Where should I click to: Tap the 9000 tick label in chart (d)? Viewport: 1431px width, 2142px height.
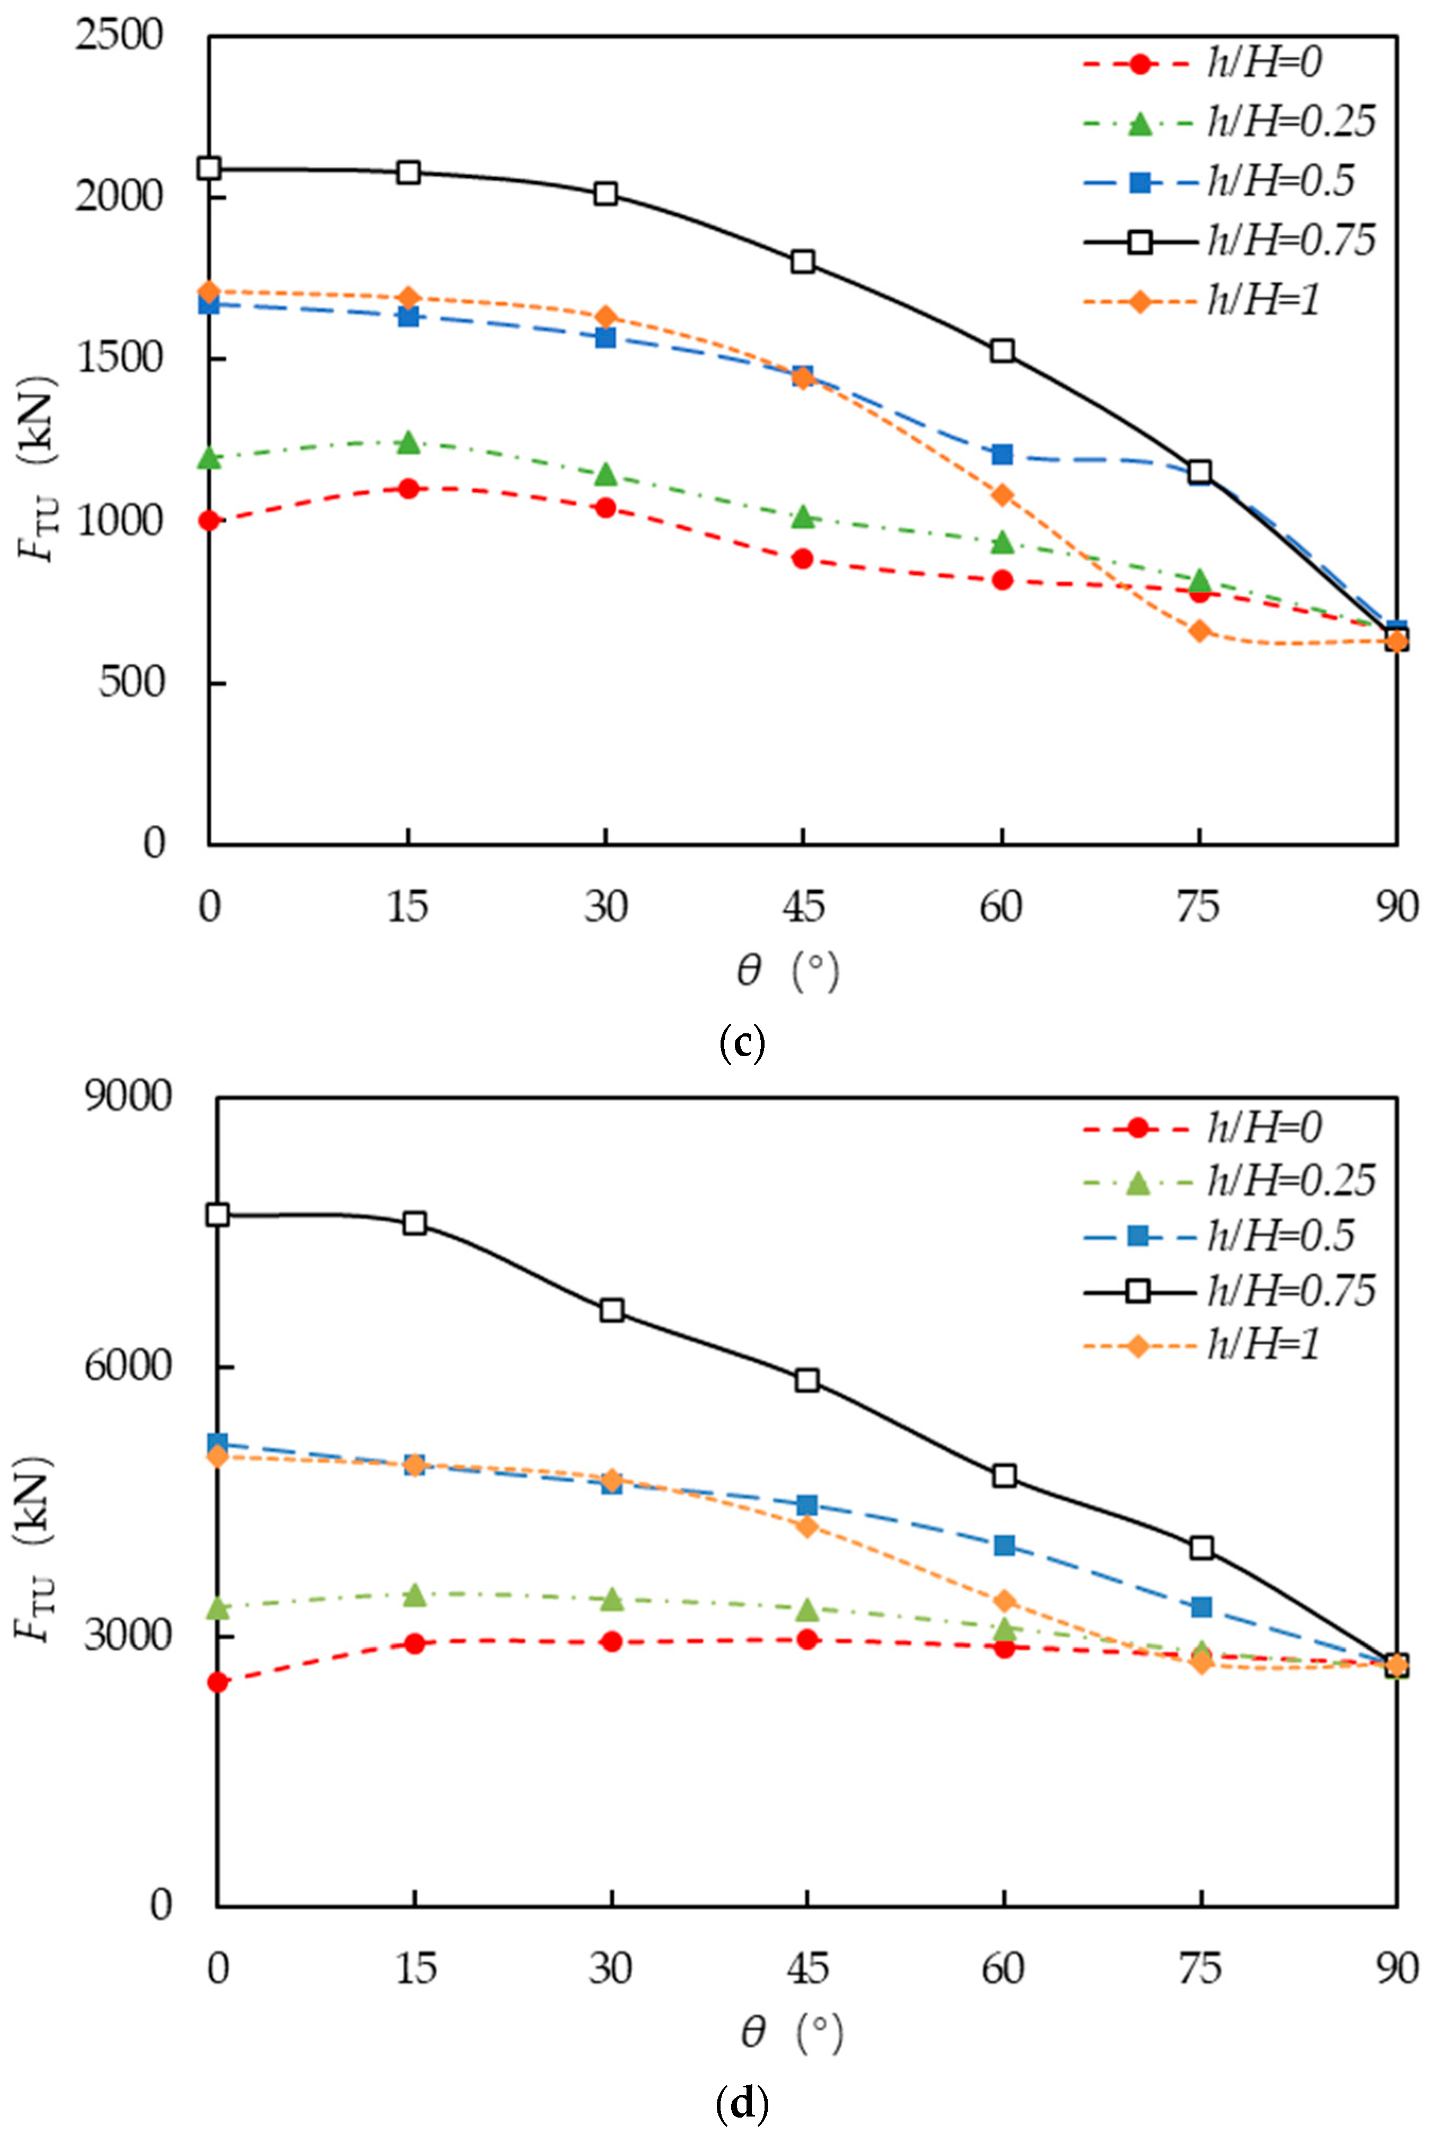click(127, 1095)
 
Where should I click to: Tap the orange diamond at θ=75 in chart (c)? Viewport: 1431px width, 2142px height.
click(1199, 631)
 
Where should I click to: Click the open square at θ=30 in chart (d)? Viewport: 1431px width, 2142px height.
click(611, 1310)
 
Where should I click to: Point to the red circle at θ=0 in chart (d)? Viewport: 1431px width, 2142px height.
click(217, 1682)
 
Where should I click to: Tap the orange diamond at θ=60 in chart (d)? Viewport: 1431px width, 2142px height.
click(1004, 1600)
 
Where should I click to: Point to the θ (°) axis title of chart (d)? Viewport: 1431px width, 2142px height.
click(791, 2032)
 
